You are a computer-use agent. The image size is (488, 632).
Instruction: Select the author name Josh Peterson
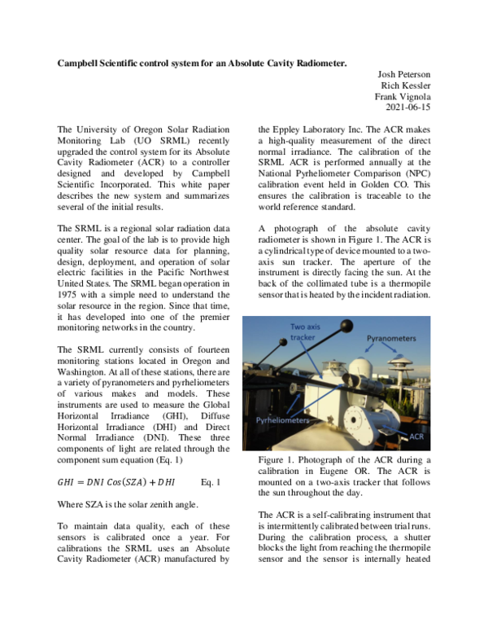pos(402,73)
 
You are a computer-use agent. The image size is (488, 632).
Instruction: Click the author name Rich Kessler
pos(404,85)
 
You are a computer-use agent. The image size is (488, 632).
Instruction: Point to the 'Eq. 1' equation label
pos(211,481)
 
